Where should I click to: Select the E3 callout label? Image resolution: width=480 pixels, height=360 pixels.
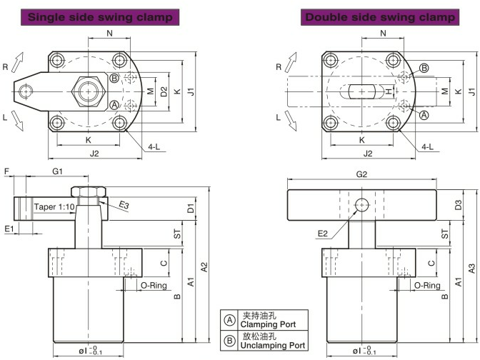click(x=124, y=205)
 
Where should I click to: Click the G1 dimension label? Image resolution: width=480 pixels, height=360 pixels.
click(x=57, y=171)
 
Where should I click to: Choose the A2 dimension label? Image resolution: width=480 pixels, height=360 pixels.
click(x=204, y=266)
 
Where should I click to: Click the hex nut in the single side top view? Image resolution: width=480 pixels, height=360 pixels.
click(x=88, y=91)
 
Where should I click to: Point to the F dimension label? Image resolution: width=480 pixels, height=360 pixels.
click(x=6, y=171)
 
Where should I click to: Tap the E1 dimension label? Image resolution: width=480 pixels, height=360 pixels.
click(x=9, y=229)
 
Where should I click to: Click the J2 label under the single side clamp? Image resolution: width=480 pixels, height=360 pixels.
click(x=94, y=154)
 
